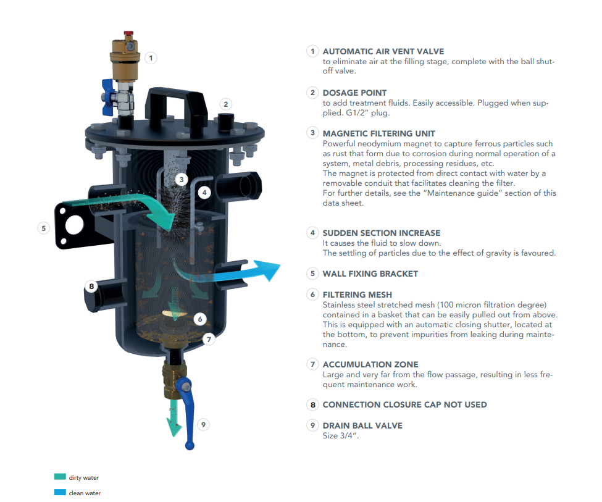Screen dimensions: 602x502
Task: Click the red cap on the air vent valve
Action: tap(128, 33)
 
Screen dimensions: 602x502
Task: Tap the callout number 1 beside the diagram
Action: tap(151, 58)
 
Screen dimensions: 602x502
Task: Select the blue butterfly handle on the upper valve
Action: tap(108, 97)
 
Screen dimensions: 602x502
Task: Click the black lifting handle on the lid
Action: tap(176, 104)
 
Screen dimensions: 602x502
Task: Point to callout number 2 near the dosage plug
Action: tap(226, 104)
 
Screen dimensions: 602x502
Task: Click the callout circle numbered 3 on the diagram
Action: tap(182, 179)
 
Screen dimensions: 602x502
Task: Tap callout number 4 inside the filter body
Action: tap(204, 193)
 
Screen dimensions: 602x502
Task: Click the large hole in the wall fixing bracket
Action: tap(74, 225)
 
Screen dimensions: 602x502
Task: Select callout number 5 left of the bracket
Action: tap(44, 228)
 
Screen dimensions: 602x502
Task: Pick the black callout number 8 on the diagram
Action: tap(91, 286)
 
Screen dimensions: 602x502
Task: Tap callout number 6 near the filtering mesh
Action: tap(199, 319)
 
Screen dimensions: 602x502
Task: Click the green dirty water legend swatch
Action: tap(60, 477)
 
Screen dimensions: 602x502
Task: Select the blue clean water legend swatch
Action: tap(60, 492)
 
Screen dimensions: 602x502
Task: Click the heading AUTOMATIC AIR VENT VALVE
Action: tap(383, 51)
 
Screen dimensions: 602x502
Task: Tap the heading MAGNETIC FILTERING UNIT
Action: tap(378, 133)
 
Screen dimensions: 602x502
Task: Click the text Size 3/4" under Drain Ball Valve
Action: tap(341, 436)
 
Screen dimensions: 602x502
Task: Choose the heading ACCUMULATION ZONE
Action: tap(370, 364)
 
